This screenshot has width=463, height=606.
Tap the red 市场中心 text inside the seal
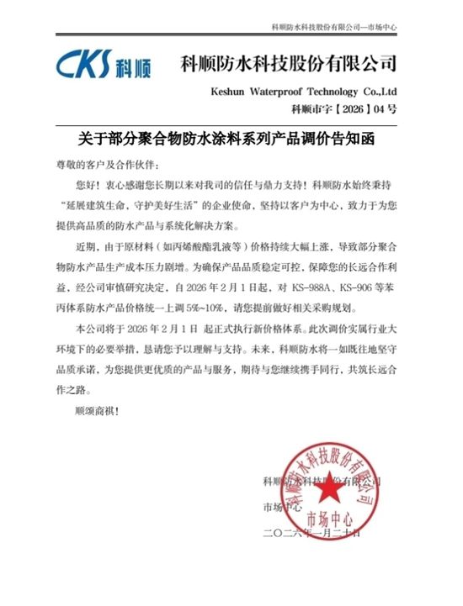[329, 515]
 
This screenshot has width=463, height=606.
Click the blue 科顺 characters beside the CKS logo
[130, 66]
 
